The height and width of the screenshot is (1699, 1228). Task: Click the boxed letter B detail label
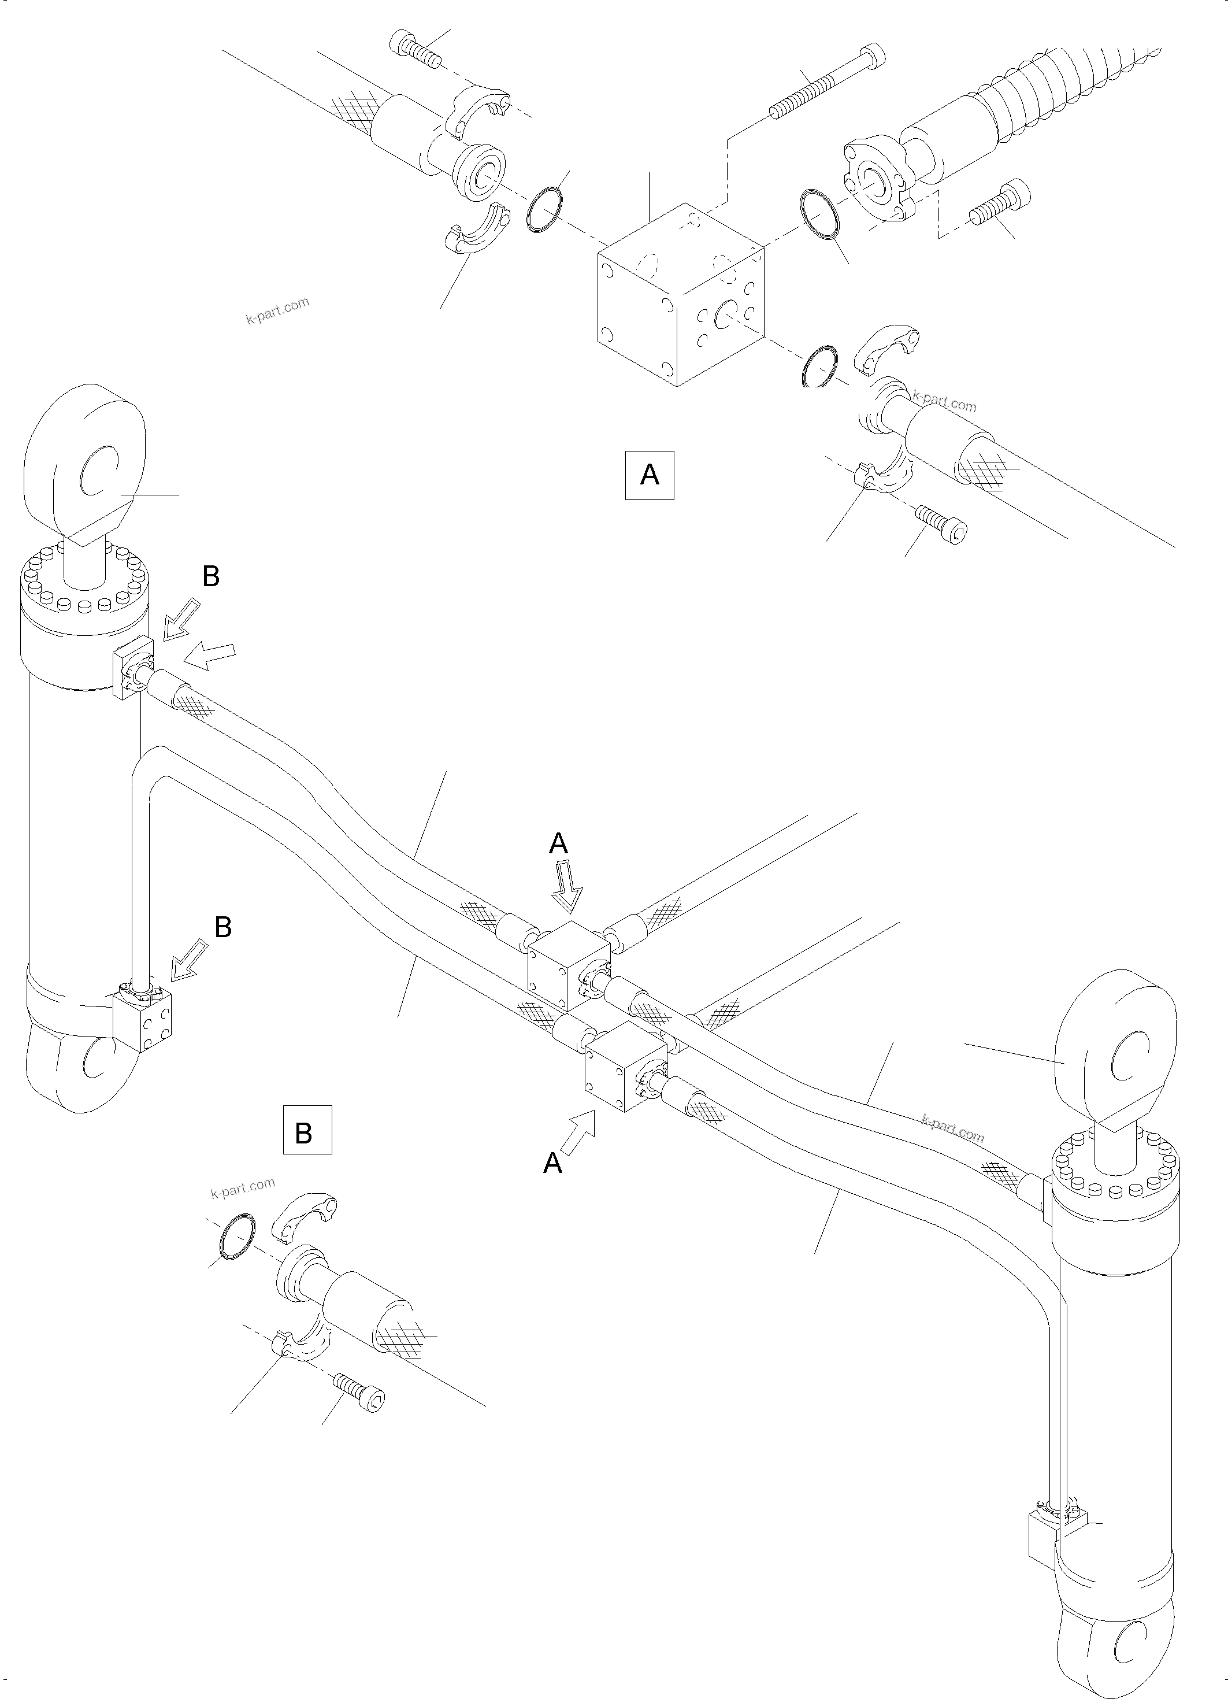pyautogui.click(x=307, y=1154)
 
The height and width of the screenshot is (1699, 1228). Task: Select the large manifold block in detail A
pyautogui.click(x=680, y=296)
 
